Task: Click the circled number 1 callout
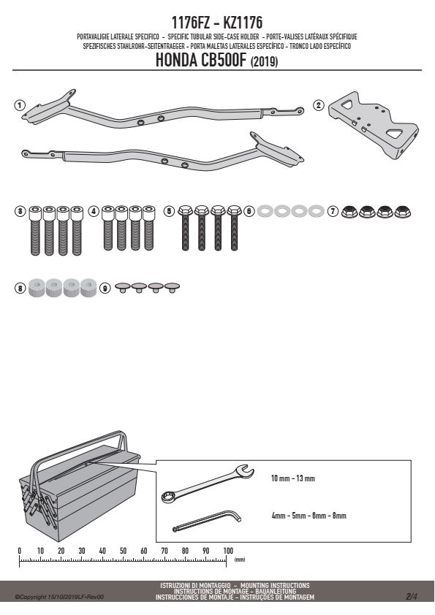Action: [19, 105]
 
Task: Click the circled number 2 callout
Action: [318, 105]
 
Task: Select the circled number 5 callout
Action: [169, 211]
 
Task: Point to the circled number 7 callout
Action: [333, 211]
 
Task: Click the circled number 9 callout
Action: [105, 289]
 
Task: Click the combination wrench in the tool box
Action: [208, 484]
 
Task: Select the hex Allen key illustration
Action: [207, 521]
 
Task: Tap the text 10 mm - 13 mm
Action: [293, 478]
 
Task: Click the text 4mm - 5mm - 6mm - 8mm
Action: [309, 516]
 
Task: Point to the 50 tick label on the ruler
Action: [123, 551]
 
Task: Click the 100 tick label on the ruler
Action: [227, 551]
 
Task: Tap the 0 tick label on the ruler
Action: [20, 551]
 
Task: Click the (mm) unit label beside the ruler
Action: [240, 559]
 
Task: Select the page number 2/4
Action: [412, 597]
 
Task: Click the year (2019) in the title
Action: [264, 62]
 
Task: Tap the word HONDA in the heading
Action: [177, 61]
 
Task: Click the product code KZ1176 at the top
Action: [243, 23]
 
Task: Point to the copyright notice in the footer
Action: [59, 597]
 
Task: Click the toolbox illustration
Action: [78, 486]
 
